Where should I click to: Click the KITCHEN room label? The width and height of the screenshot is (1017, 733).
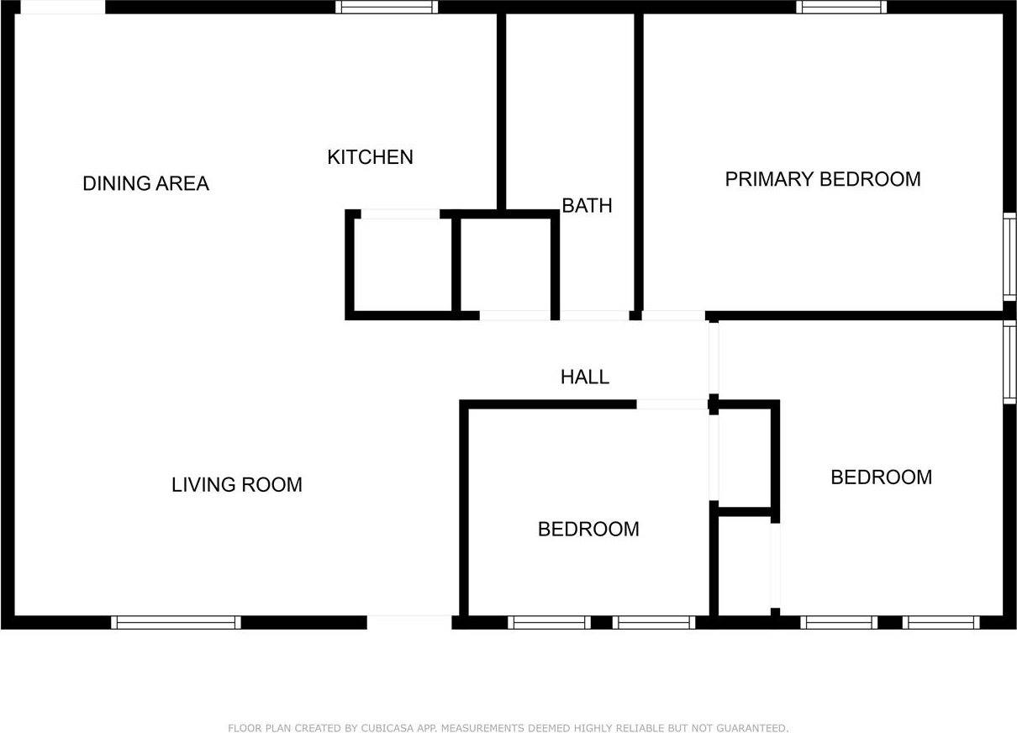click(370, 157)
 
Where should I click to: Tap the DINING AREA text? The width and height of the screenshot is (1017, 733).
click(145, 183)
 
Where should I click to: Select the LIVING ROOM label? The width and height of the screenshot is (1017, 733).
click(236, 484)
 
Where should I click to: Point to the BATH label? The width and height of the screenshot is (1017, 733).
click(587, 206)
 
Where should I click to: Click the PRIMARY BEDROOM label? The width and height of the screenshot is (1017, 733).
click(823, 179)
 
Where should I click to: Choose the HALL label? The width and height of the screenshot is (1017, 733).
click(585, 377)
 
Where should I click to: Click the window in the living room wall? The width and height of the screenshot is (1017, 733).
click(177, 622)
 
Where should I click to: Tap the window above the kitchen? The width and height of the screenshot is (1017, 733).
click(387, 7)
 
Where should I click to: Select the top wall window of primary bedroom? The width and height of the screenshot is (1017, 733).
click(841, 7)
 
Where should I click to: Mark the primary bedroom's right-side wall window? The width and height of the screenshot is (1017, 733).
click(1009, 256)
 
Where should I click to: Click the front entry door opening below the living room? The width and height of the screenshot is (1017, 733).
click(409, 622)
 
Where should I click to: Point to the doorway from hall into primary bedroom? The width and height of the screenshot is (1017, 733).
click(673, 315)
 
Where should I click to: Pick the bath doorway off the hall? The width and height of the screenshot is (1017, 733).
click(594, 315)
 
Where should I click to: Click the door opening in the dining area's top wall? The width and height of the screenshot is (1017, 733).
click(63, 7)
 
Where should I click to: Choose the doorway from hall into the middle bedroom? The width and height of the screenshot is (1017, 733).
click(672, 404)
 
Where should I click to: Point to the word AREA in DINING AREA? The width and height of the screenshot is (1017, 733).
click(183, 183)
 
